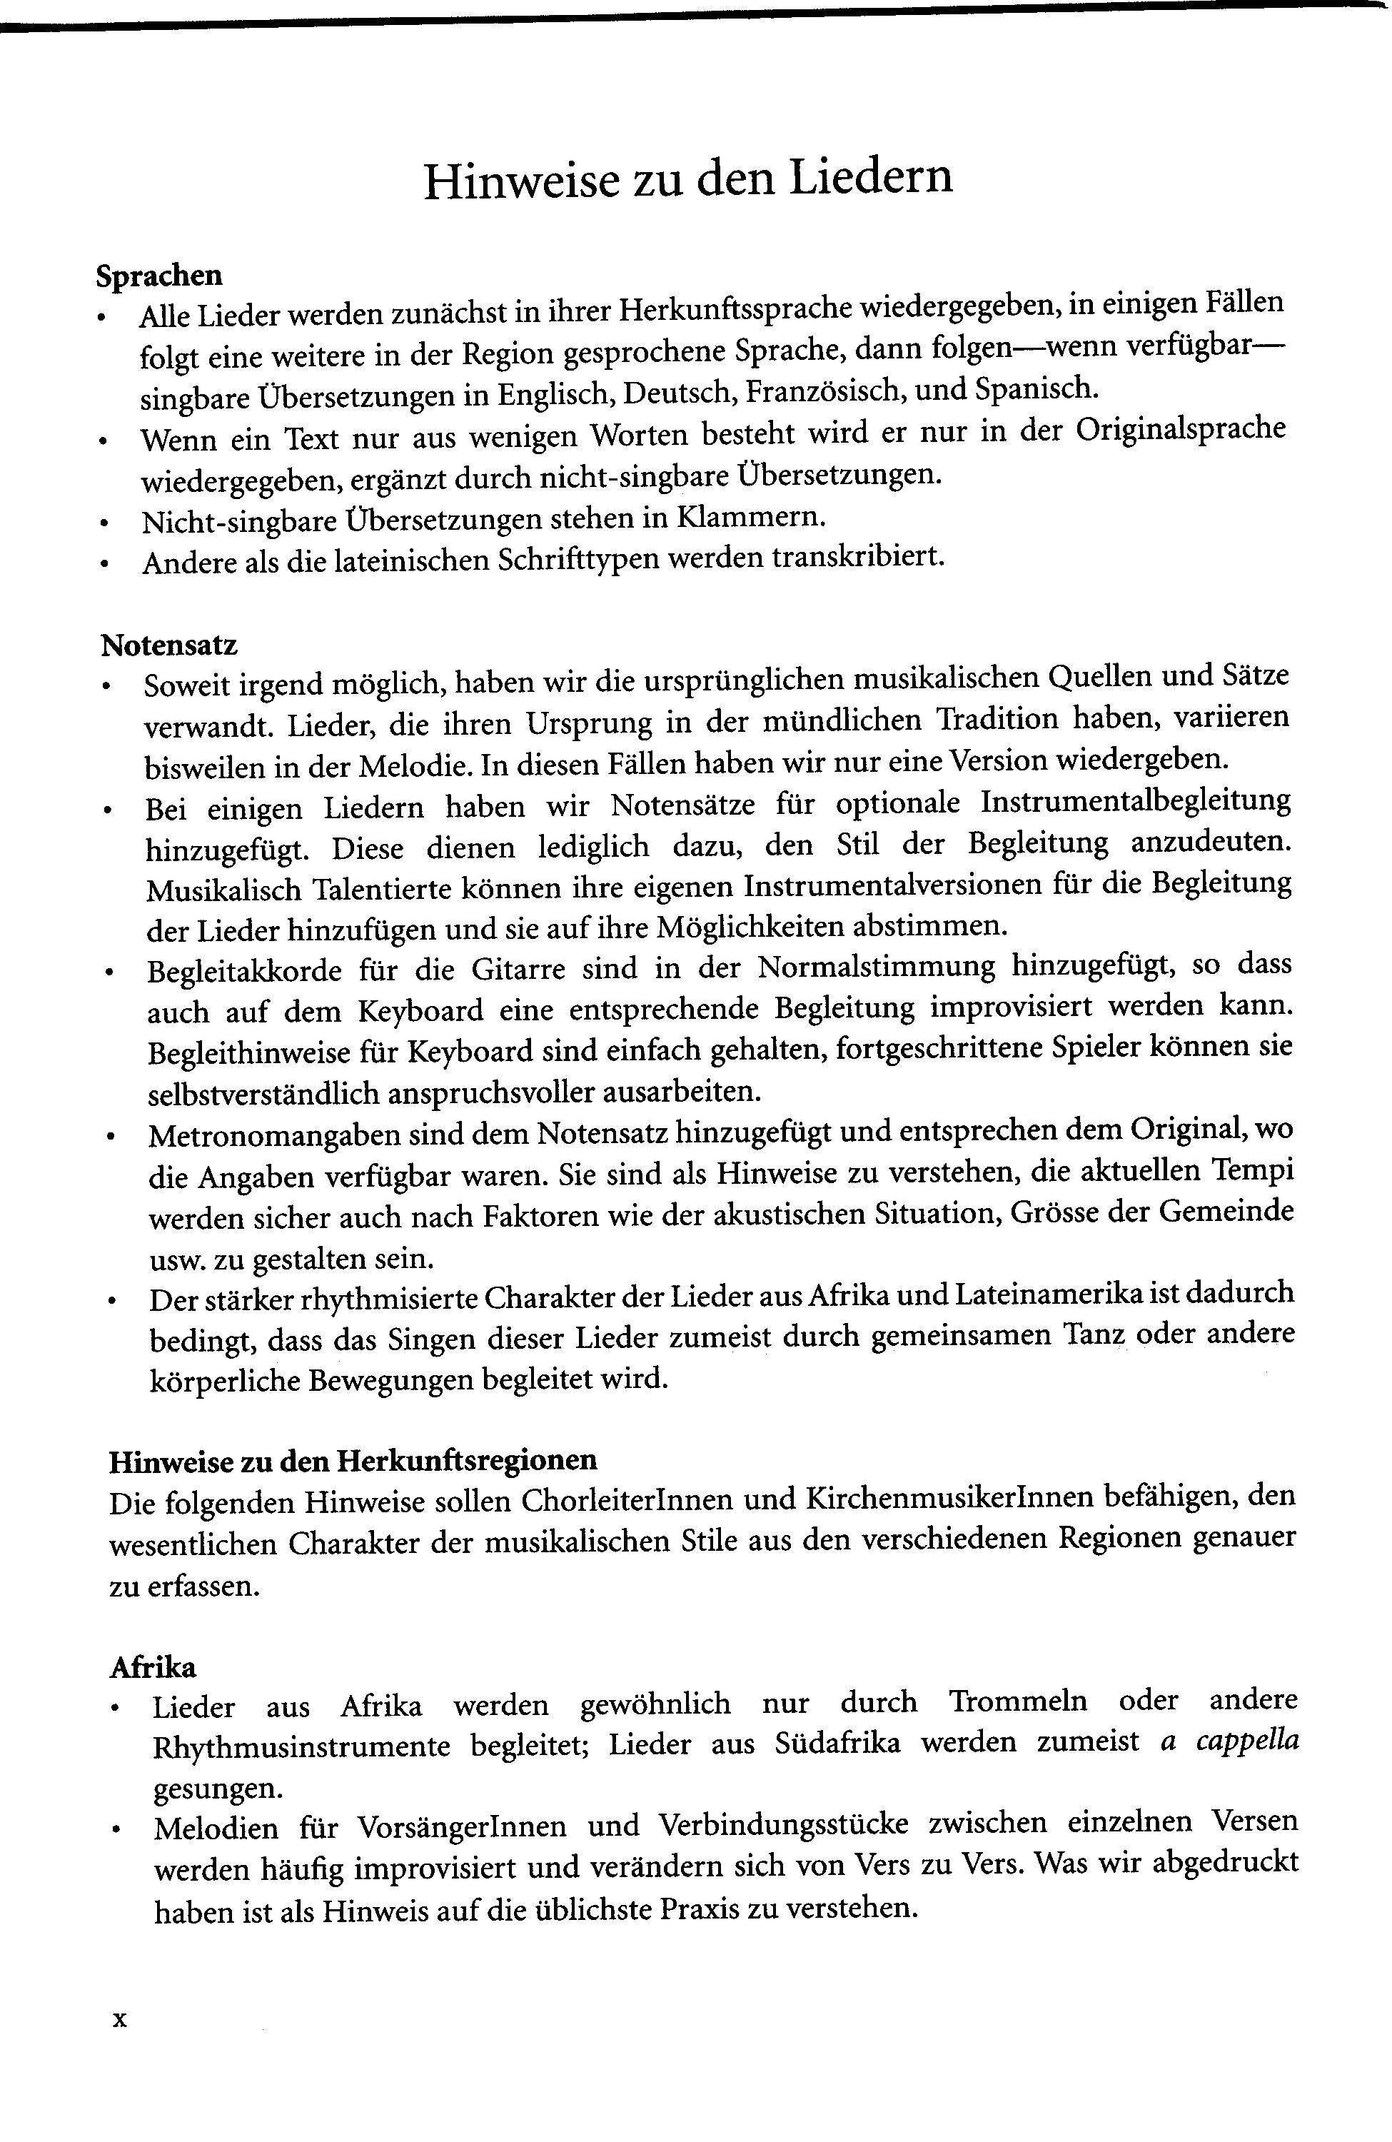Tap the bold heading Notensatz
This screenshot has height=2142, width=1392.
(x=169, y=645)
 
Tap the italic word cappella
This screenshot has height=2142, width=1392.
(x=1247, y=1741)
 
